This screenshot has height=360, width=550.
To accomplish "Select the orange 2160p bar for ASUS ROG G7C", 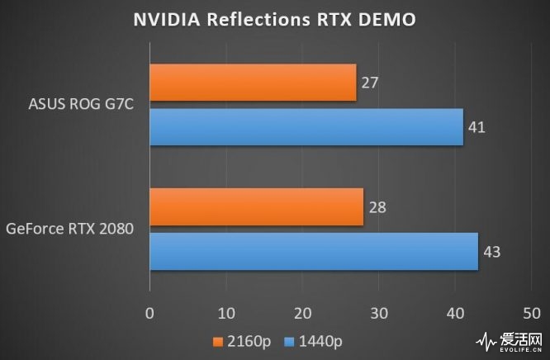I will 253,83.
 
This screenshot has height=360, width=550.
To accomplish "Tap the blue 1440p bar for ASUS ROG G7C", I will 306,126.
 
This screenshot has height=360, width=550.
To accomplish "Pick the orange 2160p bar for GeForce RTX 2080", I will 256,206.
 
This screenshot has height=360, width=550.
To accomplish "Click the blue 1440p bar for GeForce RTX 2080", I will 314,251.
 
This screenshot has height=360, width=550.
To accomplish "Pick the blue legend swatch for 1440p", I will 288,341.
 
